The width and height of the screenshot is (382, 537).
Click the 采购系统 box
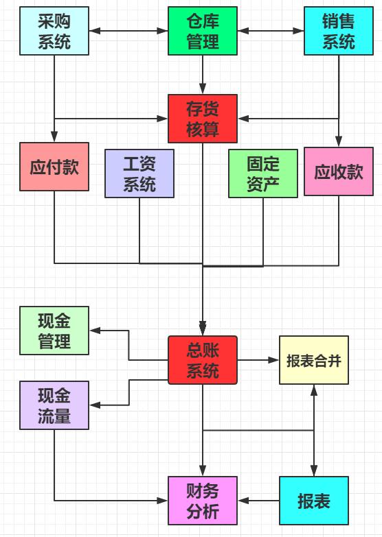pyautogui.click(x=54, y=31)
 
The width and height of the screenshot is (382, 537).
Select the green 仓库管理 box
pyautogui.click(x=203, y=31)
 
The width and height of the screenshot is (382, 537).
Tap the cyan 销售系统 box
pyautogui.click(x=339, y=31)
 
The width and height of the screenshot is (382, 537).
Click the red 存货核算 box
pyautogui.click(x=203, y=119)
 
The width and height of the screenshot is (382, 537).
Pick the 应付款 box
pyautogui.click(x=54, y=167)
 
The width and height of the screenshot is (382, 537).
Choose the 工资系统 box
pyautogui.click(x=139, y=174)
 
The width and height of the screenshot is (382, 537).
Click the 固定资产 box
pyautogui.click(x=263, y=174)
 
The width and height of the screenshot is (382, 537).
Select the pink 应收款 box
pyautogui.click(x=339, y=171)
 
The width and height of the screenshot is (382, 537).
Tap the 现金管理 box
pyautogui.click(x=54, y=331)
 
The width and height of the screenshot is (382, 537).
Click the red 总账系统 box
pyautogui.click(x=203, y=360)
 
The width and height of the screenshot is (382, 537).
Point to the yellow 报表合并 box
pyautogui.click(x=314, y=360)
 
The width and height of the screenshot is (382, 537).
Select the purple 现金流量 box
pyautogui.click(x=54, y=405)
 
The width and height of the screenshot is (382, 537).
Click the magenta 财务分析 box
pyautogui.click(x=203, y=501)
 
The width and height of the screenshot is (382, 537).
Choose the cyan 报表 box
pyautogui.click(x=314, y=501)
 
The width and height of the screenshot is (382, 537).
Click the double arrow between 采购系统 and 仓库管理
pyautogui.click(x=129, y=31)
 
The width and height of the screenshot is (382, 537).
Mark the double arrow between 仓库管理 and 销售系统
pyautogui.click(x=271, y=31)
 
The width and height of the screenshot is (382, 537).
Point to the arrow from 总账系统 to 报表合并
pyautogui.click(x=258, y=359)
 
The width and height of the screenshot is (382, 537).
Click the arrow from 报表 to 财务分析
pyautogui.click(x=258, y=501)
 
